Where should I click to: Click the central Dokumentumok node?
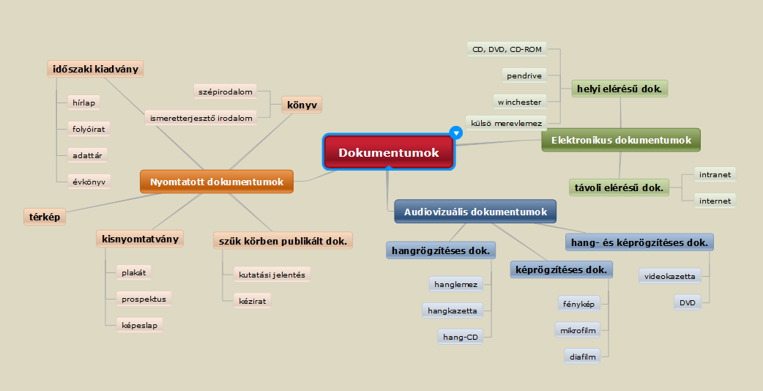point(389,152)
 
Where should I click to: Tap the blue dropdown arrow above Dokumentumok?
point(456,133)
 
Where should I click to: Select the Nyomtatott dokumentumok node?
point(216,182)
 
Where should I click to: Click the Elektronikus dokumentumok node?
point(620,140)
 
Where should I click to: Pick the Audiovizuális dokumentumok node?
point(475,212)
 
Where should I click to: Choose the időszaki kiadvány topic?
point(94,70)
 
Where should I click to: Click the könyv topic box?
point(302,105)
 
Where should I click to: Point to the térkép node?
point(45,216)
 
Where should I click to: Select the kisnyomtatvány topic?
point(139,239)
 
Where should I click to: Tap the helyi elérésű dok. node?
point(619,89)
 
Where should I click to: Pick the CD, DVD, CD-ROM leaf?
point(507,49)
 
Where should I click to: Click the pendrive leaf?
point(524,75)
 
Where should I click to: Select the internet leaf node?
point(715,201)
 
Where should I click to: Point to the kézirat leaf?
point(251,301)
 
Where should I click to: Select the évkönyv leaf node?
point(89,181)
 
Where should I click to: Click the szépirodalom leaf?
point(225,92)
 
